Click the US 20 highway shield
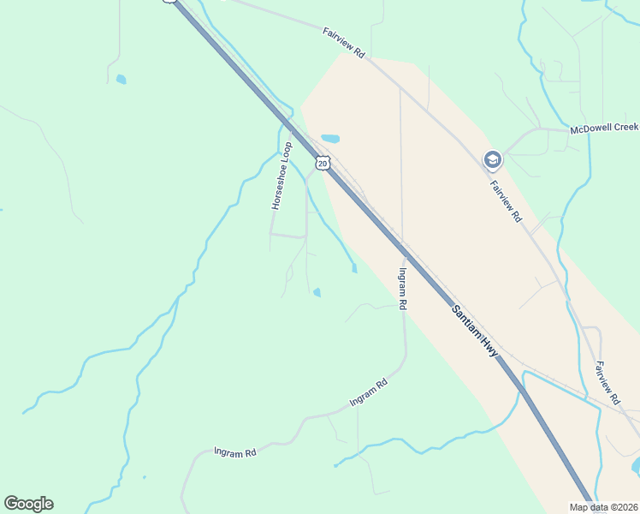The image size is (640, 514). (x=322, y=162)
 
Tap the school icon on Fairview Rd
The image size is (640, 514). (x=492, y=159)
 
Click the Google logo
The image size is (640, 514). (x=28, y=504)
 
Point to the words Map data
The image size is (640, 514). (x=589, y=507)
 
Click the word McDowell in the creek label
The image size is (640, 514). (x=592, y=128)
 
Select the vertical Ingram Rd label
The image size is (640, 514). (x=402, y=288)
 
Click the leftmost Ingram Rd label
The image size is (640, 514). (x=235, y=451)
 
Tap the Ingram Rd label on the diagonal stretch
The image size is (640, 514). (x=369, y=392)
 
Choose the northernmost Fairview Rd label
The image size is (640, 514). (x=344, y=43)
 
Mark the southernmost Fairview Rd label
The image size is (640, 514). (x=608, y=383)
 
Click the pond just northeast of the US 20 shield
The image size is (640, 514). (x=330, y=138)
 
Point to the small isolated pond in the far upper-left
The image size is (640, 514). (x=121, y=80)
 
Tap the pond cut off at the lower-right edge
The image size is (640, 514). (x=636, y=465)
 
